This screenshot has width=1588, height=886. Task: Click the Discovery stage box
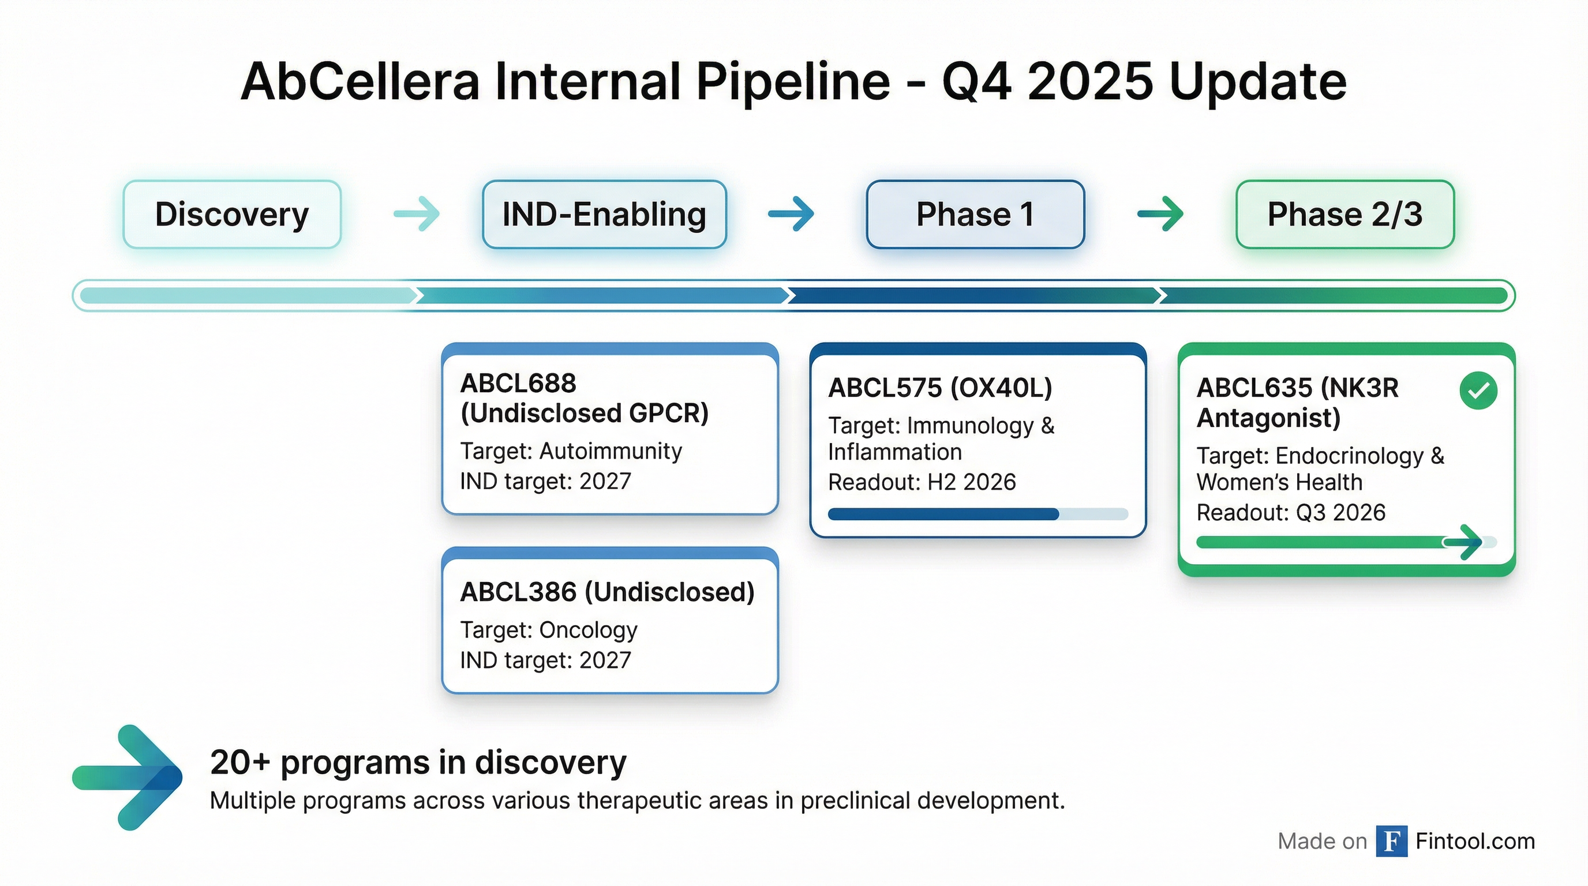pyautogui.click(x=232, y=215)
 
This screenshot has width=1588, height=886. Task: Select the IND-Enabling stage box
pyautogui.click(x=604, y=215)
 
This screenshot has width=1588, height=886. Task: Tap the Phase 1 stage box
pyautogui.click(x=975, y=215)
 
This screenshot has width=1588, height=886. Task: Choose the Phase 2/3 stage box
pyautogui.click(x=1345, y=215)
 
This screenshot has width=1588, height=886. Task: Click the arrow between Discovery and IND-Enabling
pyautogui.click(x=417, y=214)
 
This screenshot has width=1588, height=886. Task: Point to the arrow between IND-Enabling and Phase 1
pyautogui.click(x=791, y=214)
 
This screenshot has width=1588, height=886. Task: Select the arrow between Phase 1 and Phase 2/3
pyautogui.click(x=1160, y=214)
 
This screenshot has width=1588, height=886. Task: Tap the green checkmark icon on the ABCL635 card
pyautogui.click(x=1478, y=391)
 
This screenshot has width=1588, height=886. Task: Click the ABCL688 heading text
pyautogui.click(x=518, y=383)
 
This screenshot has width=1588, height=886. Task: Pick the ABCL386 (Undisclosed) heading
pyautogui.click(x=607, y=592)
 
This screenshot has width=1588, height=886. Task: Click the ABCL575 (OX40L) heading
pyautogui.click(x=940, y=388)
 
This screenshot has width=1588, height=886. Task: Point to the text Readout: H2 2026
pyautogui.click(x=922, y=482)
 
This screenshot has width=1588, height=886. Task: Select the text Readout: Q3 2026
pyautogui.click(x=1291, y=512)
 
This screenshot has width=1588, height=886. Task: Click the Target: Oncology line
pyautogui.click(x=549, y=630)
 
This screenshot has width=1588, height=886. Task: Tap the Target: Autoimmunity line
pyautogui.click(x=571, y=451)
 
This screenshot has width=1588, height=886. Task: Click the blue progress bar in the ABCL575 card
pyautogui.click(x=943, y=514)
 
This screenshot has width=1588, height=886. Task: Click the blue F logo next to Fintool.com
pyautogui.click(x=1391, y=841)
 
